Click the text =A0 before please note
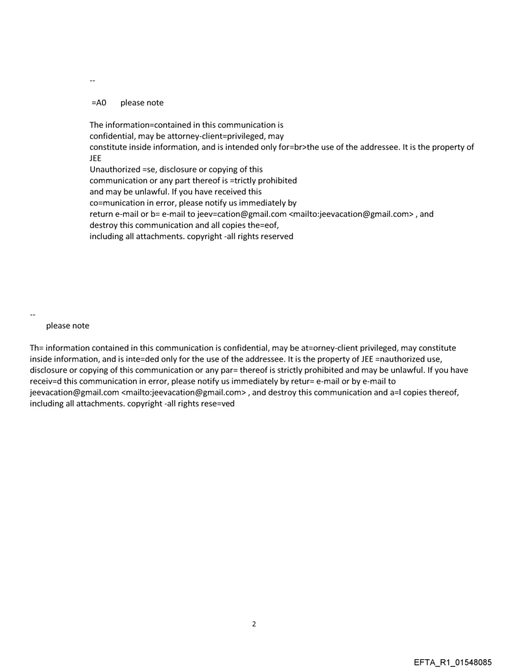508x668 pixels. tap(98, 103)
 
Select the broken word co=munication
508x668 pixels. tap(119, 203)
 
